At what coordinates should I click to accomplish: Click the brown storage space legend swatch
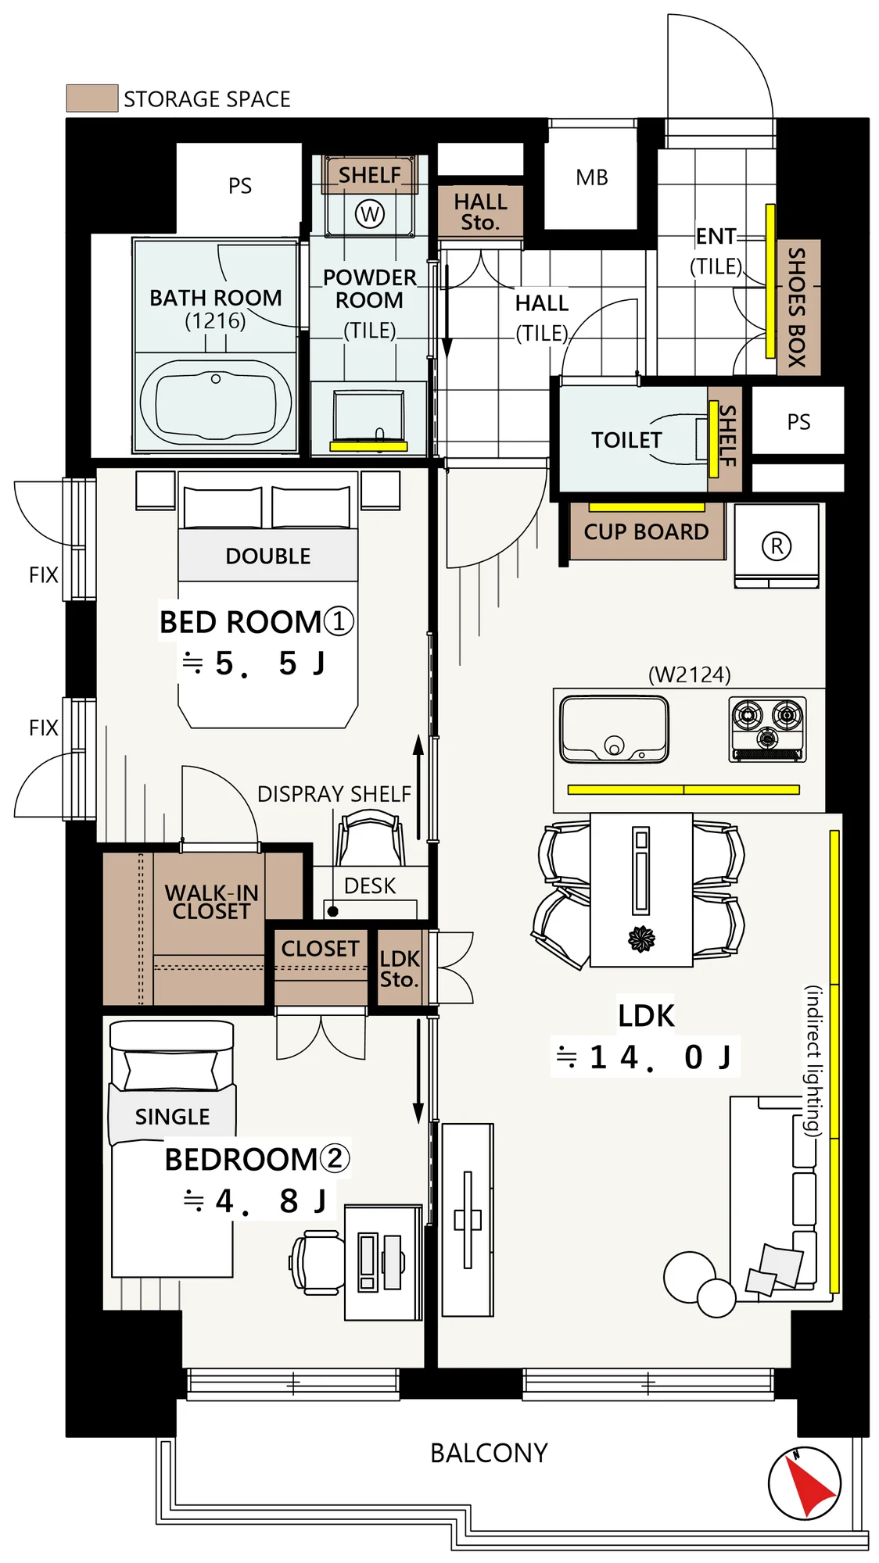pos(92,98)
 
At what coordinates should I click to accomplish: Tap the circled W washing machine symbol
pos(370,213)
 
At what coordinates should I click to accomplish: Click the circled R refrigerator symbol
pos(777,545)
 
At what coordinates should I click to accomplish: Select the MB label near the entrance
pos(592,178)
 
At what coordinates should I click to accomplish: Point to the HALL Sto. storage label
pos(480,212)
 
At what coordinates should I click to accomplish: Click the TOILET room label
pos(626,440)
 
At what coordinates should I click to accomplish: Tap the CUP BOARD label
pos(646,532)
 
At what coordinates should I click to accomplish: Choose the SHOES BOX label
pos(796,307)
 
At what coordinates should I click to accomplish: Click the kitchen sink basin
pos(615,729)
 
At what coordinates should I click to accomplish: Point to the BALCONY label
pos(489,1453)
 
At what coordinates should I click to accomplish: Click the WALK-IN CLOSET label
pos(211,902)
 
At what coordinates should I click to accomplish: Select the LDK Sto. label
pos(400,969)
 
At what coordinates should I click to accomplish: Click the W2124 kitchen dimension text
pos(690,674)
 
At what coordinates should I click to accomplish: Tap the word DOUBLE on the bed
pos(268,556)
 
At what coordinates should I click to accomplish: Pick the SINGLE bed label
pos(172,1117)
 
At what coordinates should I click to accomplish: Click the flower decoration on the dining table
pos(642,939)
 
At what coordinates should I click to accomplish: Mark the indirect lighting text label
pos(814,1060)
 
